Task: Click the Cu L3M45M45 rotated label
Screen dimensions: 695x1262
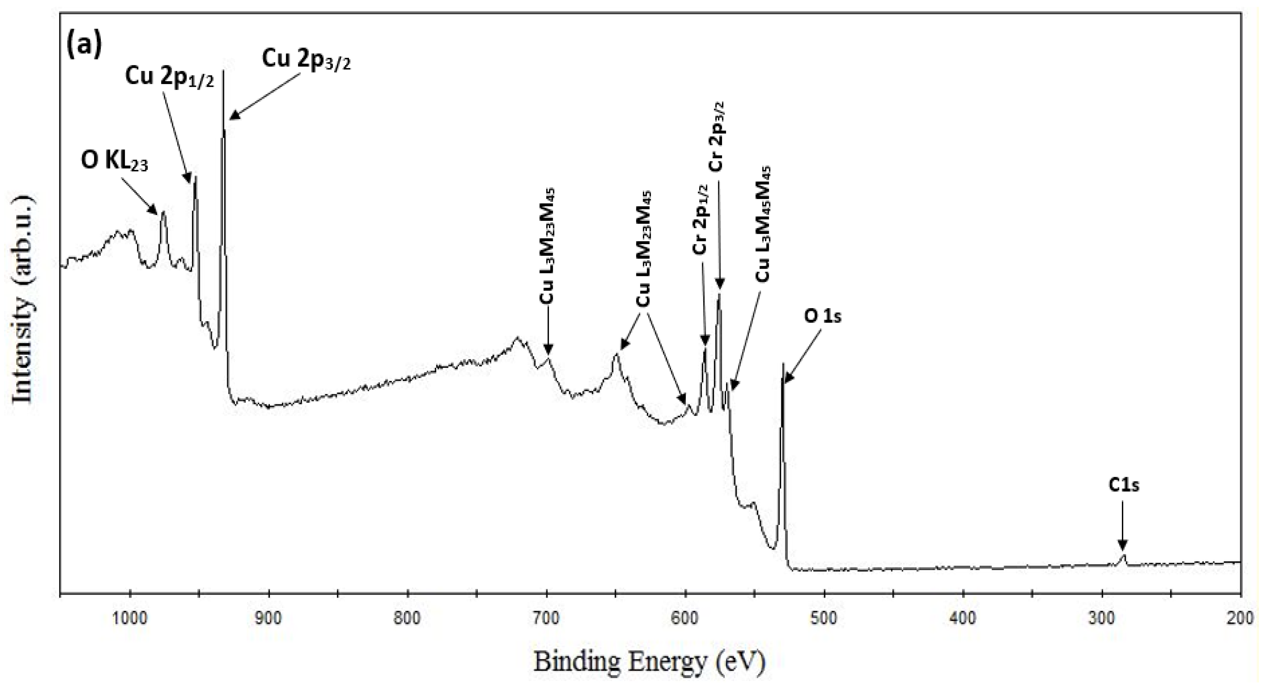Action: (x=763, y=224)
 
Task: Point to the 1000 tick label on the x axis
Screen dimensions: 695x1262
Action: (x=129, y=619)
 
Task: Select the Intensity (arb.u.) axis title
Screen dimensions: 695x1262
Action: (x=23, y=300)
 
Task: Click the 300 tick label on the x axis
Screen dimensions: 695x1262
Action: (x=1102, y=619)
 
